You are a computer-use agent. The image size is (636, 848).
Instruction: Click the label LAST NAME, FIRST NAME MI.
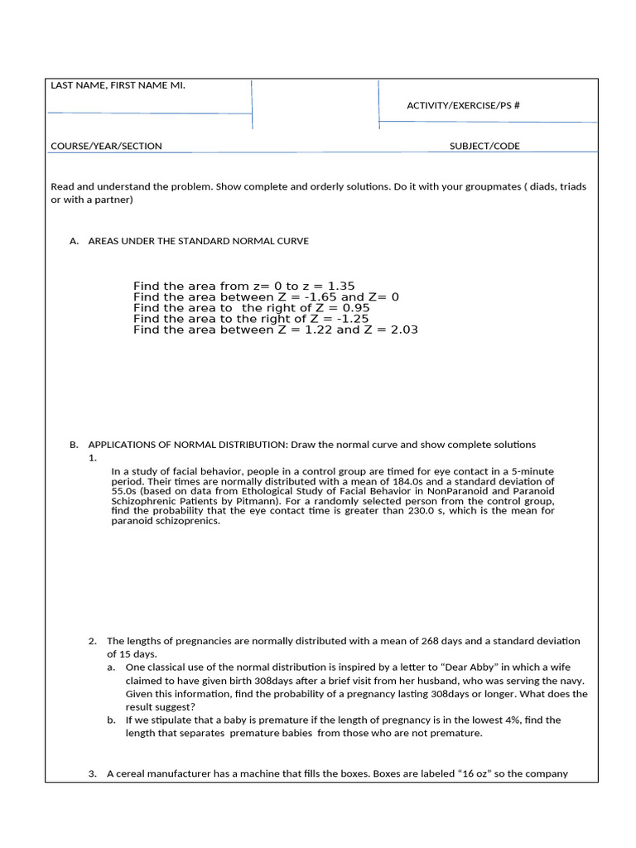118,85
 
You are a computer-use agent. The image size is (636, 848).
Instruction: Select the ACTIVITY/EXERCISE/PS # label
463,105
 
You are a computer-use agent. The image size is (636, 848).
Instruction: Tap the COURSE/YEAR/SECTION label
106,146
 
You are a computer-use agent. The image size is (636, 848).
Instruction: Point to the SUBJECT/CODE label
484,146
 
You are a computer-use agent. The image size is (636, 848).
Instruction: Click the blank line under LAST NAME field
149,113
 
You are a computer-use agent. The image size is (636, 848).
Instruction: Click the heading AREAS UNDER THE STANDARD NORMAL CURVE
198,241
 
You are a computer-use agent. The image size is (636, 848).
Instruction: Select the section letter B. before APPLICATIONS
74,445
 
